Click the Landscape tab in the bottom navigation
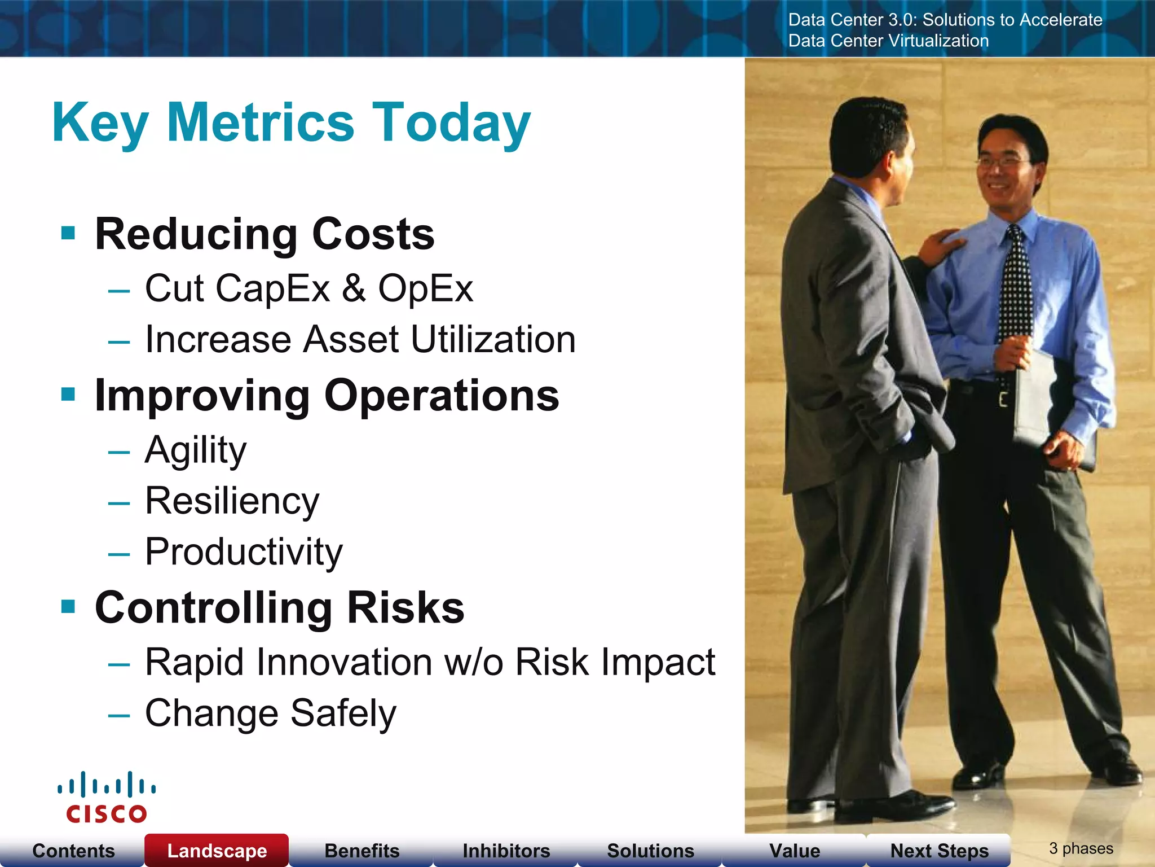217,850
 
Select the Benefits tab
362,850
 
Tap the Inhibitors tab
506,850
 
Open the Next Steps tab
939,850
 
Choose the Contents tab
73,850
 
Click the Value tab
795,850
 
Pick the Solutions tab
650,850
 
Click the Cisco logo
106,797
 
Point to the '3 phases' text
1081,848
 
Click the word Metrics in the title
261,122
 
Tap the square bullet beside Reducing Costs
68,233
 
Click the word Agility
196,450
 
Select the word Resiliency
232,501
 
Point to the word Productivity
244,551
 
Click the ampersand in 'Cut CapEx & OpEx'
354,288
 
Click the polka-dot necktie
1016,288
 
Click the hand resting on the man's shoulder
939,244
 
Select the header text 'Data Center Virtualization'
888,41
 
